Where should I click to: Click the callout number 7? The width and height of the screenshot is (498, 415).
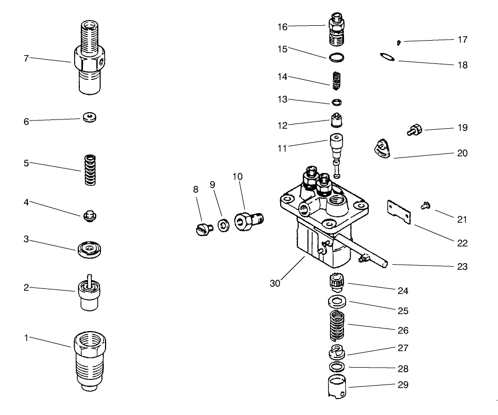[x=26, y=58]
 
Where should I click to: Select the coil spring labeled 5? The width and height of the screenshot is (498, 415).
[x=91, y=170]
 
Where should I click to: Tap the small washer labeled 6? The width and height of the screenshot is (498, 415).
[x=90, y=118]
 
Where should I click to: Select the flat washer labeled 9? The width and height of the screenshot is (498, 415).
[x=224, y=226]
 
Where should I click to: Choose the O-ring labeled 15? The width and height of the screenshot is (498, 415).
[x=335, y=56]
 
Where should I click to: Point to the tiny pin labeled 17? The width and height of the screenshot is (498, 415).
[x=399, y=41]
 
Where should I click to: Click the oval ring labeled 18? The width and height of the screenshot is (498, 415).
[x=387, y=57]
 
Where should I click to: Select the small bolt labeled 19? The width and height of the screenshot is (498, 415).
[x=415, y=129]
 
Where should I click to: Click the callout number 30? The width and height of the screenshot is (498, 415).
[x=275, y=283]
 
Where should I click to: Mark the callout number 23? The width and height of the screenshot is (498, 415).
[x=462, y=267]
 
